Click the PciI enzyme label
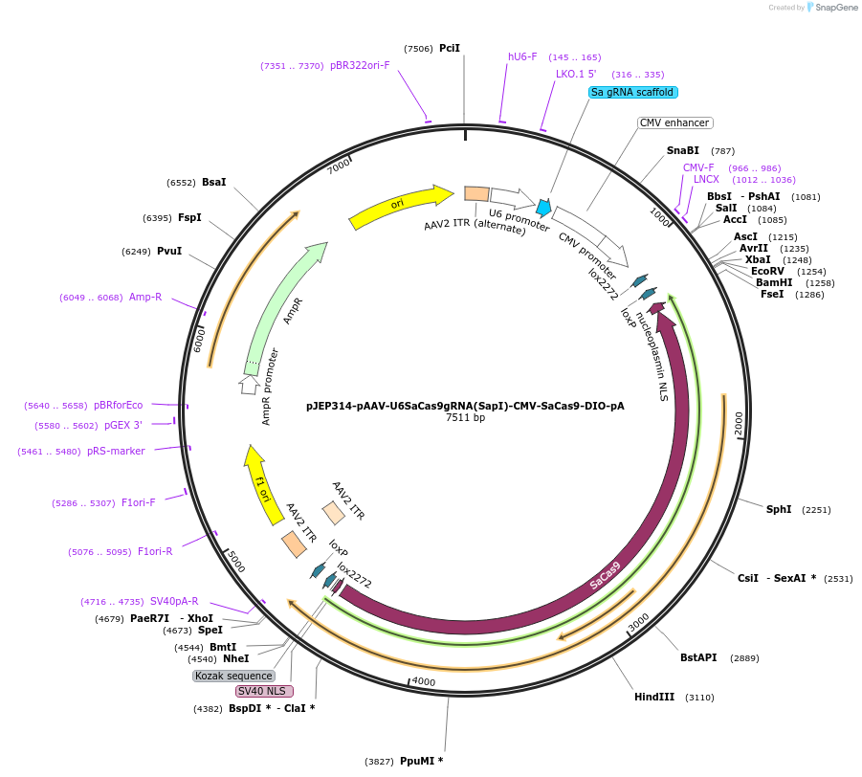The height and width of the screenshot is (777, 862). (450, 48)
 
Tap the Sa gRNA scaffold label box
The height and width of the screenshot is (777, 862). (632, 93)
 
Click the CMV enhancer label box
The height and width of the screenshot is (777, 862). (674, 122)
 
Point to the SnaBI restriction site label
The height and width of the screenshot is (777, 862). (683, 150)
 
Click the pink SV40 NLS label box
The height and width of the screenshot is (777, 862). (264, 691)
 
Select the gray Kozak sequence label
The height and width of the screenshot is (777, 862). (234, 676)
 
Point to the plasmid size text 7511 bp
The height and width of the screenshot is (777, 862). (465, 418)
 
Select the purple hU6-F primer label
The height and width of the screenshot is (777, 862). (522, 56)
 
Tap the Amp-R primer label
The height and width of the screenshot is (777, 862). (145, 297)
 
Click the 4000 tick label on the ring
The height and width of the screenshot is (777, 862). (423, 681)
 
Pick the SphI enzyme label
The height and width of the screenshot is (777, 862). (779, 509)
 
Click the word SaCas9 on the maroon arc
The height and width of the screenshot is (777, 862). (605, 576)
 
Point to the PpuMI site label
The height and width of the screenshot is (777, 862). (421, 761)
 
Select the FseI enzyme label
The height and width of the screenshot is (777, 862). (772, 294)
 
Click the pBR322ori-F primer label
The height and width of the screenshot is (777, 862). (360, 65)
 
